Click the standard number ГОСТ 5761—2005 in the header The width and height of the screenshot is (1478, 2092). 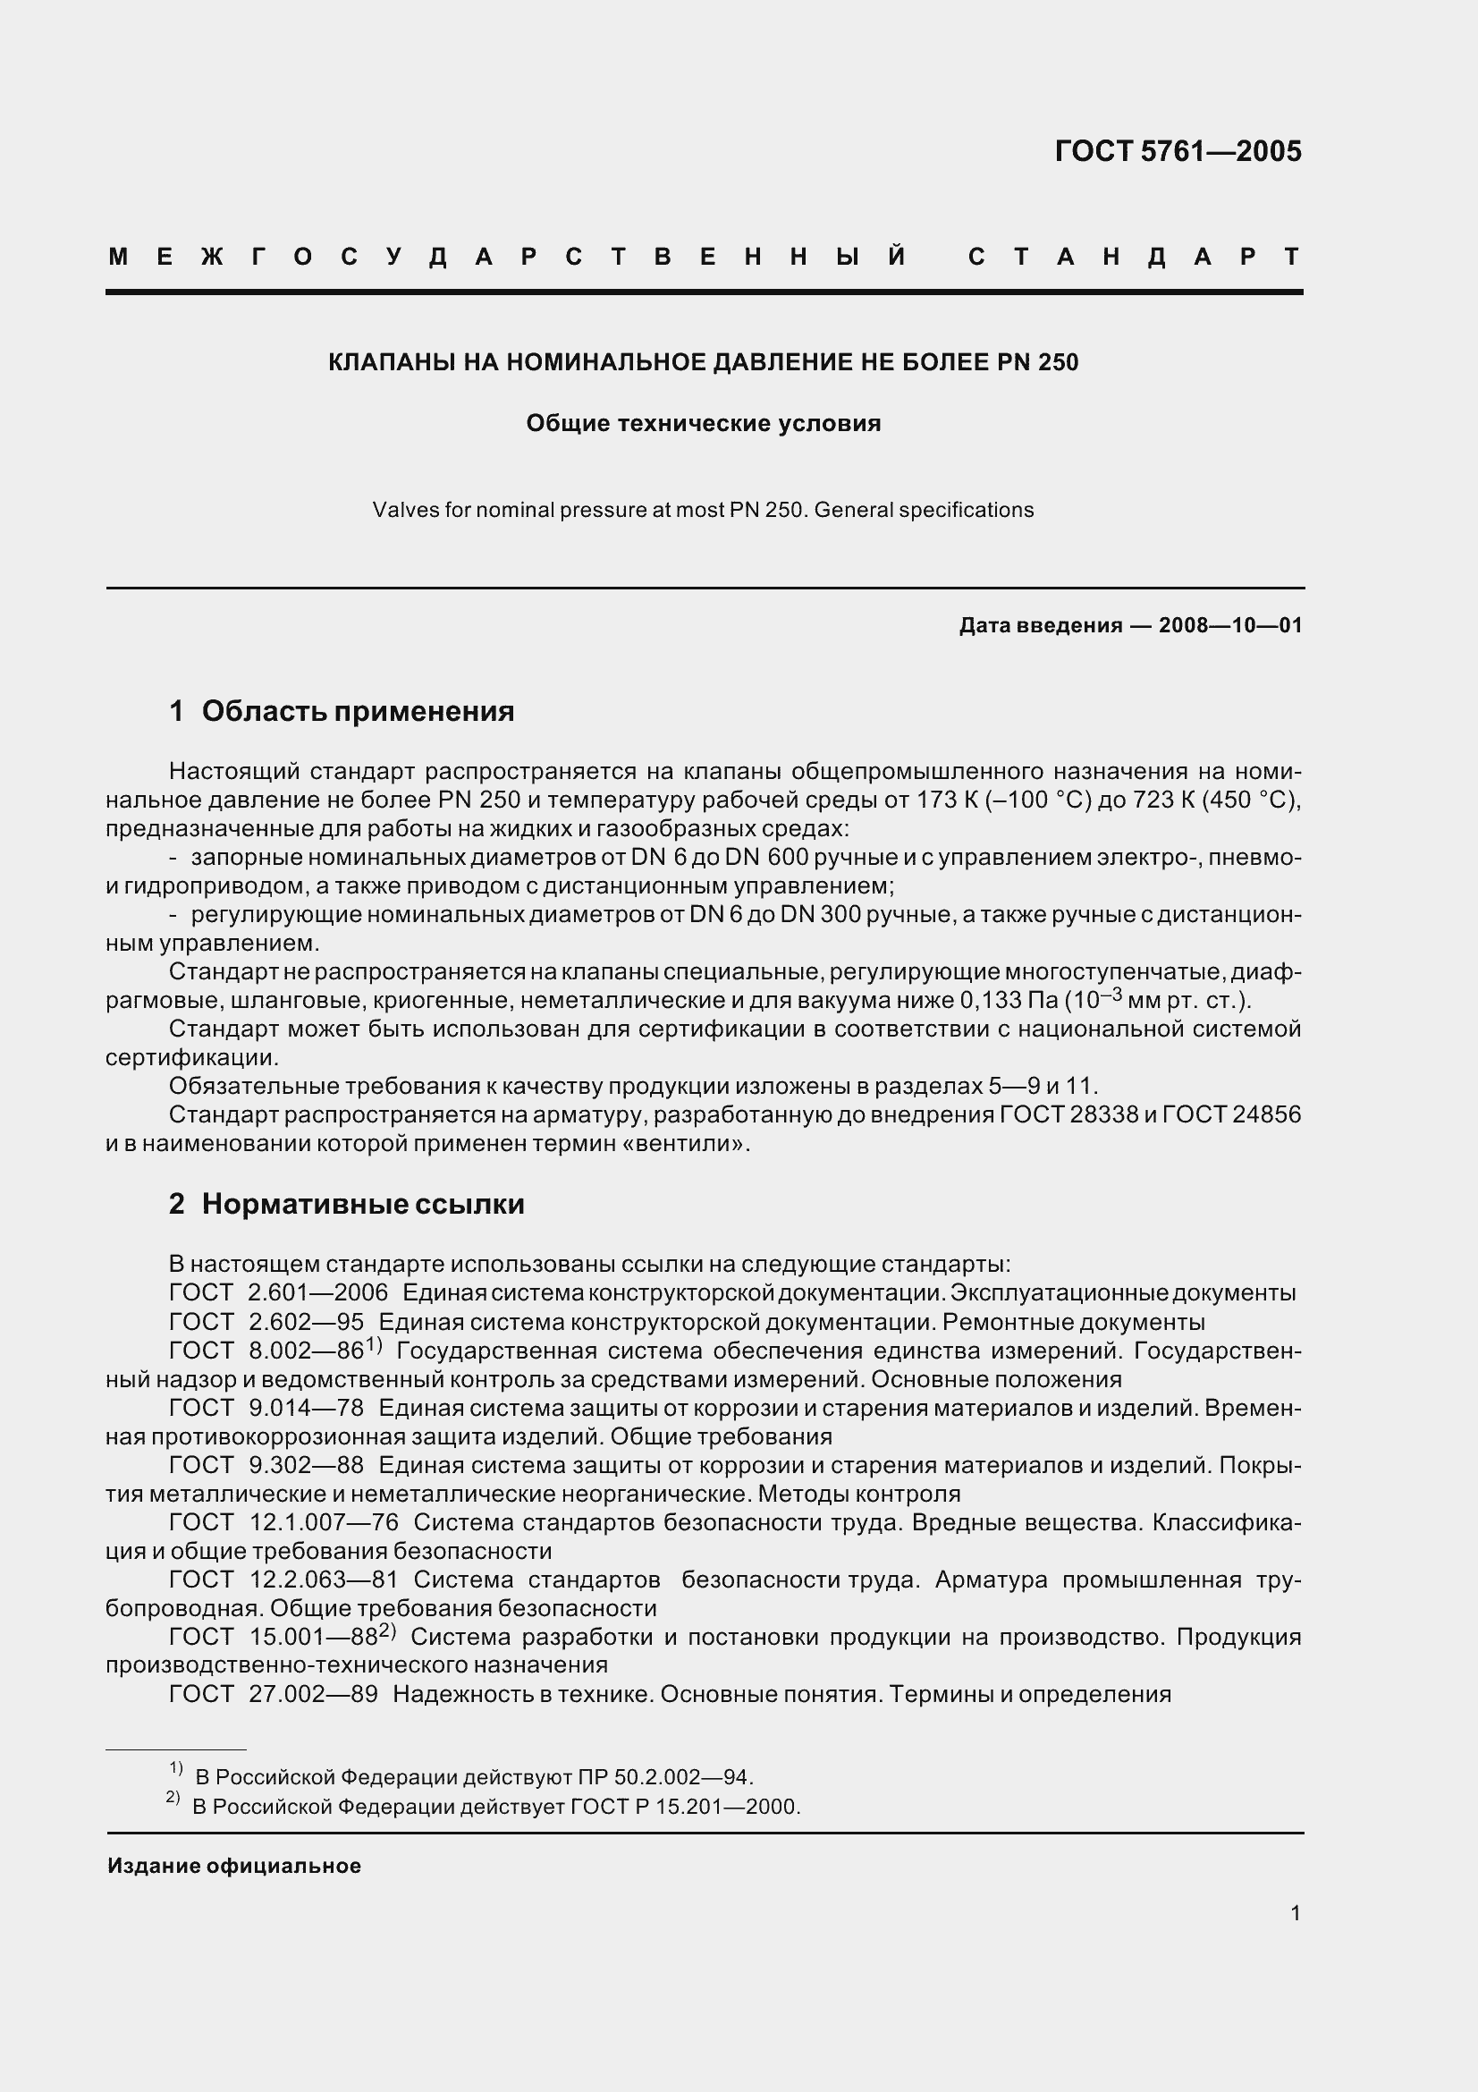1178,151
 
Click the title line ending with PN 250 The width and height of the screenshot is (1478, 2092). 703,362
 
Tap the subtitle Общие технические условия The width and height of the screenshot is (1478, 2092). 703,424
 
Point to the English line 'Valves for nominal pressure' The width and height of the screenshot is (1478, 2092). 703,510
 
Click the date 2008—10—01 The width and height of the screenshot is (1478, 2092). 1230,626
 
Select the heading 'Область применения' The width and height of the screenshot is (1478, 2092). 357,712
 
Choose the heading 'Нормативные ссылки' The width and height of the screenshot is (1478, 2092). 362,1205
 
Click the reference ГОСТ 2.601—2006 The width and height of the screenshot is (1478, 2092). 279,1292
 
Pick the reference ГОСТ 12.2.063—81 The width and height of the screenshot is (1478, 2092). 283,1579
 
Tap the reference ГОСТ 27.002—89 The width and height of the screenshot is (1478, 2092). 274,1694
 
